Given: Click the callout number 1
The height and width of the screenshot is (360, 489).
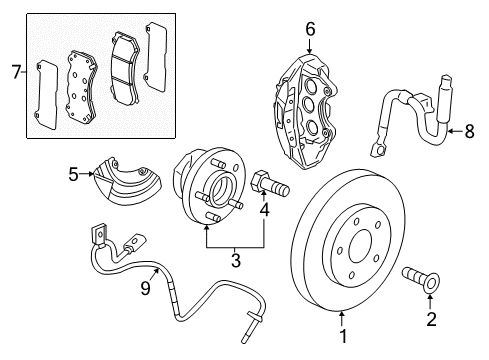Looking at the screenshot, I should click(343, 338).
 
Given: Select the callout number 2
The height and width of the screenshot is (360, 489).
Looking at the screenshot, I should click(432, 347).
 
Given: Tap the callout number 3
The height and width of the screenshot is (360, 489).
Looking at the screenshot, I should click(236, 262).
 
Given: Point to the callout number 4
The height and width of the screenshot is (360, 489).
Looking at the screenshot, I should click(264, 210).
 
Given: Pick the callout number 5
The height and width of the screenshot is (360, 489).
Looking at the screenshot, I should click(73, 175).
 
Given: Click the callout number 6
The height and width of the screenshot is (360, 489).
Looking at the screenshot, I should click(310, 30).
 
